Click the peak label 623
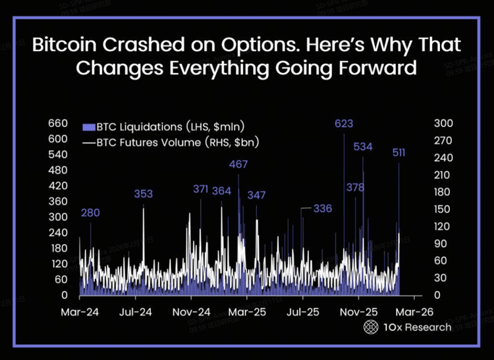click(x=344, y=123)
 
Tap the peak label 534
click(x=364, y=146)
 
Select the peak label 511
click(x=398, y=153)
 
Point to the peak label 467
click(x=238, y=164)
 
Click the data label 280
click(x=90, y=213)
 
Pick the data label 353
click(x=143, y=193)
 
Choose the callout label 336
click(x=322, y=209)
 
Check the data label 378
click(x=356, y=188)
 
